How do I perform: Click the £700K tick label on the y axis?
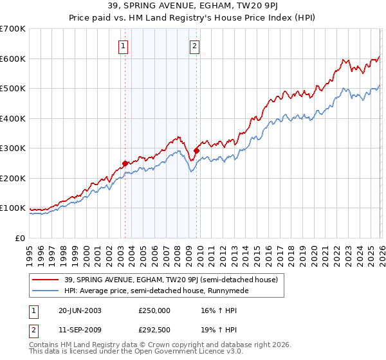point(13,29)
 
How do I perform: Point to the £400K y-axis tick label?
point(13,118)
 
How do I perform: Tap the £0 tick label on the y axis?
point(21,238)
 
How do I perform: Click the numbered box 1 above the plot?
point(122,46)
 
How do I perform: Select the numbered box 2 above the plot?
point(194,46)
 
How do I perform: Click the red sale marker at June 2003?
point(125,163)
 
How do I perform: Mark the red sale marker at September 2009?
point(196,150)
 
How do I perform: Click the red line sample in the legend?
point(46,280)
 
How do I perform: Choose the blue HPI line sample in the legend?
point(46,291)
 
